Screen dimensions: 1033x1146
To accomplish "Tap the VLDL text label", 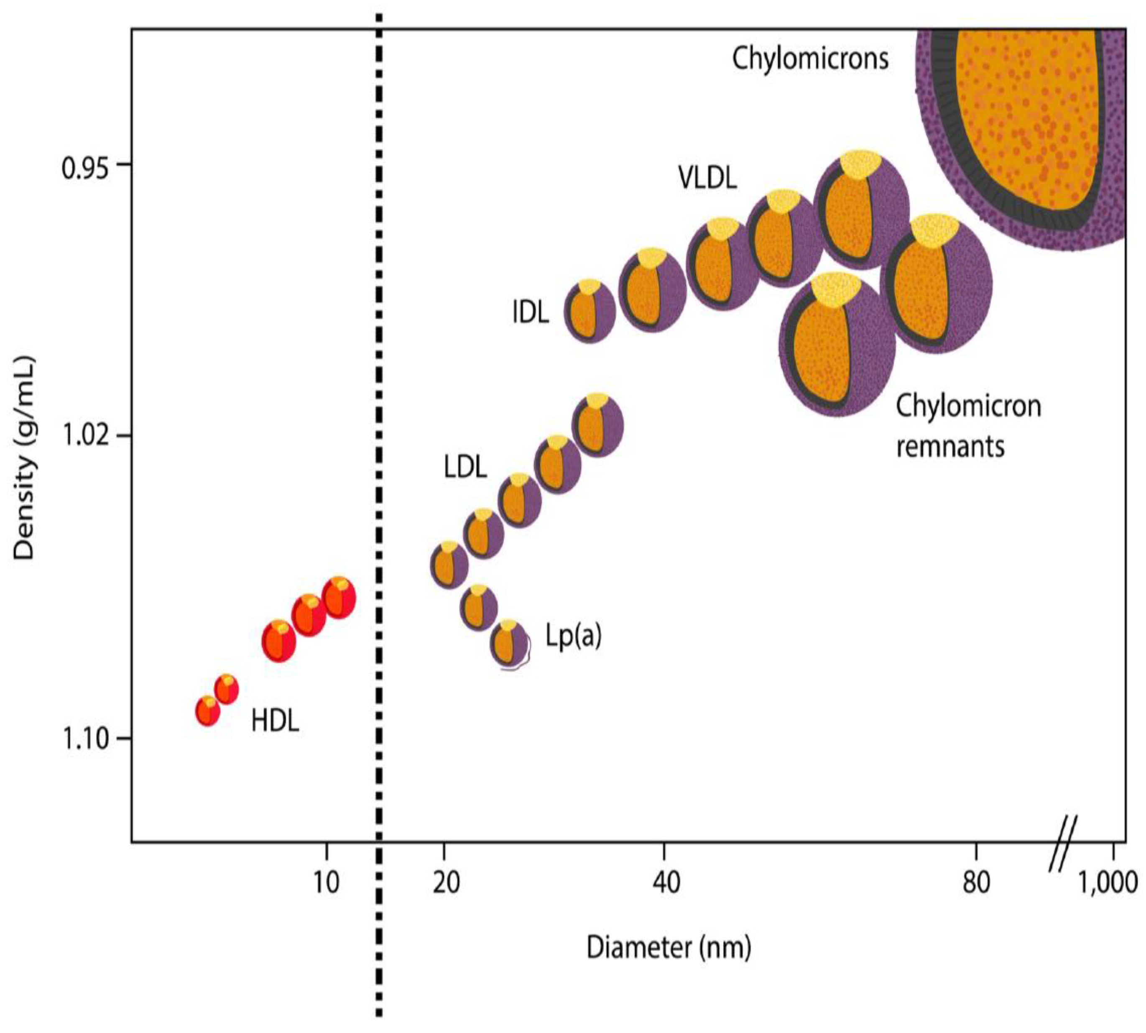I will [x=707, y=178].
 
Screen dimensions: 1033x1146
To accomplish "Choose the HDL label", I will [x=275, y=721].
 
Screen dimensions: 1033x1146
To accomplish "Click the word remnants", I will [x=950, y=447].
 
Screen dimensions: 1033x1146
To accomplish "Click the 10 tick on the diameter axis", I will [x=326, y=883].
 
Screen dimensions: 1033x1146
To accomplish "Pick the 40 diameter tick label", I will [x=666, y=883].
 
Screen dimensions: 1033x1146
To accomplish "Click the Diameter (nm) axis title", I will [x=668, y=947].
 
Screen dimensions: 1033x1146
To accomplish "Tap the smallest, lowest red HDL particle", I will [x=208, y=711].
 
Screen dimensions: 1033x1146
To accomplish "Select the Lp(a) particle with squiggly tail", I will [x=510, y=643].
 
